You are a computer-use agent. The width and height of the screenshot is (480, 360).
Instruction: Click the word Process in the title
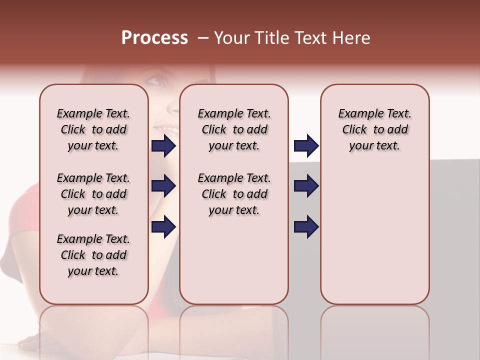(154, 38)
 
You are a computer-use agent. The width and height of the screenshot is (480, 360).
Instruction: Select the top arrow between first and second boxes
(163, 146)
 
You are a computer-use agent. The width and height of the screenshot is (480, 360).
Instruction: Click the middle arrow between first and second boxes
(163, 186)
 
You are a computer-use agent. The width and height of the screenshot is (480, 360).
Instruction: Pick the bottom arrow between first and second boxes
(163, 226)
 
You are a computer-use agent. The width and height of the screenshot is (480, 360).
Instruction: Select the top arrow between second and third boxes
(306, 146)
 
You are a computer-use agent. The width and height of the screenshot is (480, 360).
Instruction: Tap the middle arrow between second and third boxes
(306, 186)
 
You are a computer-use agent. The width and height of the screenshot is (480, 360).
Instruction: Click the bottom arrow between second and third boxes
(306, 226)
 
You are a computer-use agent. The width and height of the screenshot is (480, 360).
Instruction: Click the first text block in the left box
(93, 129)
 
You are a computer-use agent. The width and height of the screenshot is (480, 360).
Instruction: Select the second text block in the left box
(93, 194)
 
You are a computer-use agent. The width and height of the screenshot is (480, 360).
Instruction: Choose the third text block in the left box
(93, 255)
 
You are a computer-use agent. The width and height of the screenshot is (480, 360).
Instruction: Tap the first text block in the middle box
(234, 129)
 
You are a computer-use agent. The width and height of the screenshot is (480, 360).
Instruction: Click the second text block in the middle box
(234, 194)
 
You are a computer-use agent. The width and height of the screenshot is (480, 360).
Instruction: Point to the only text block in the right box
(374, 129)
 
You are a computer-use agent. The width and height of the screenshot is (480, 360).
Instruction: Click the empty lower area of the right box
(374, 240)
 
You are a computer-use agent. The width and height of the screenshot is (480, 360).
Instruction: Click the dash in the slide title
(202, 38)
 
